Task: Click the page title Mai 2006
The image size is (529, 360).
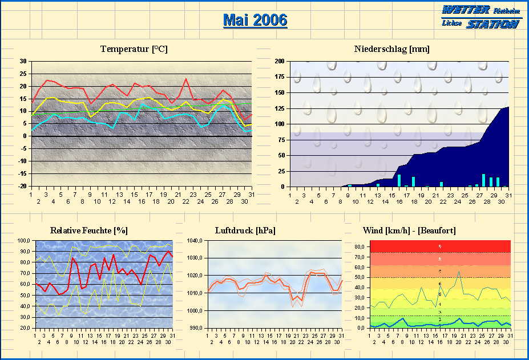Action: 255,20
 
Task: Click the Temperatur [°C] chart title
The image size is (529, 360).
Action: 134,49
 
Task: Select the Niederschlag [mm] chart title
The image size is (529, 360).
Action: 391,49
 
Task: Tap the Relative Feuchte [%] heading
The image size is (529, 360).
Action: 88,230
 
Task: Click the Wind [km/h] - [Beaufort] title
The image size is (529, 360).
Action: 409,230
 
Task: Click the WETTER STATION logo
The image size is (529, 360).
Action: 480,17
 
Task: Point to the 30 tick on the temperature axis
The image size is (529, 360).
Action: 23,61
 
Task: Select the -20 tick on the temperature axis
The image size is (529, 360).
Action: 22,186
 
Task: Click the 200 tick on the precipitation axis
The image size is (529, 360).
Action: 280,61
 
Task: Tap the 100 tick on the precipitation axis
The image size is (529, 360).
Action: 280,124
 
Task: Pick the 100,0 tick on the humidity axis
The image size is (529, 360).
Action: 24,241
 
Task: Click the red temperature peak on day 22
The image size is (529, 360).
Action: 186,79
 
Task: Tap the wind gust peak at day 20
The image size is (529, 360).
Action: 459,272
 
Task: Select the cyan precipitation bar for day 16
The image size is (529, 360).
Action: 399,180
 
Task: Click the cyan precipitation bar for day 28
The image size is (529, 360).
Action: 483,180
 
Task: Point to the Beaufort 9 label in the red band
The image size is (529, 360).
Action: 439,246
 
